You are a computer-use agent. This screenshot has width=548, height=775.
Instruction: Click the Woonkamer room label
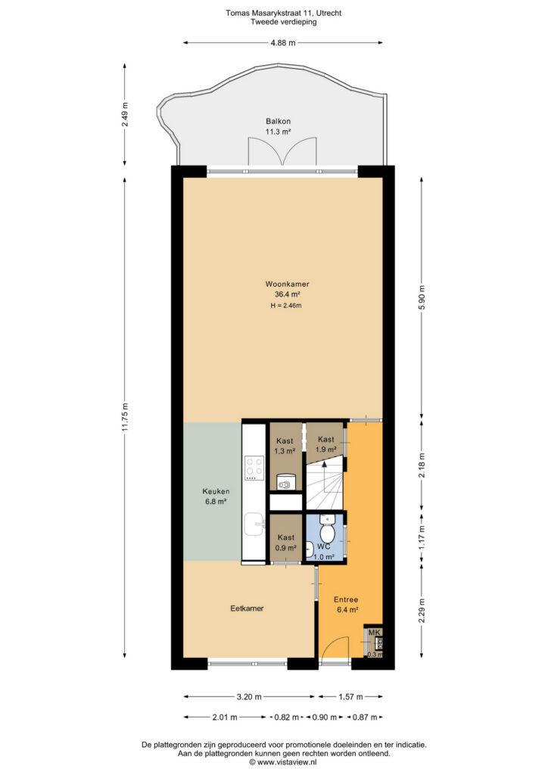[x=287, y=284]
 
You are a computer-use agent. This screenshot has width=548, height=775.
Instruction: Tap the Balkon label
[x=279, y=121]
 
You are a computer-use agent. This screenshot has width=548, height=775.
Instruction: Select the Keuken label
[x=216, y=491]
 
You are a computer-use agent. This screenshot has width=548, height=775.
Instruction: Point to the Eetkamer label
[x=247, y=608]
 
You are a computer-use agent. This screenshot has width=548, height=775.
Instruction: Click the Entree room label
[x=346, y=599]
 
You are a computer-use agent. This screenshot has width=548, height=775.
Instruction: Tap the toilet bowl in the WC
[x=326, y=532]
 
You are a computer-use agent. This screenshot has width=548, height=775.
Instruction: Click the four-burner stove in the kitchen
[x=254, y=468]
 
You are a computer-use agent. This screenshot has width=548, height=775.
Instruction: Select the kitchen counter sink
[x=255, y=524]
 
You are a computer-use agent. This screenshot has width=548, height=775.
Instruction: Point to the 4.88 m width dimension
[x=283, y=43]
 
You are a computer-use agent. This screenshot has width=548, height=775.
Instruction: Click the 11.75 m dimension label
[x=125, y=417]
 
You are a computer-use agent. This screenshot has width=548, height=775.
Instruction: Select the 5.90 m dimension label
[x=422, y=297]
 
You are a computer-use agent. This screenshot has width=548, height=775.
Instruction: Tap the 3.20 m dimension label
[x=249, y=697]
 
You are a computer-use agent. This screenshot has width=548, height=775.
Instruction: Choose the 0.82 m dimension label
[x=287, y=717]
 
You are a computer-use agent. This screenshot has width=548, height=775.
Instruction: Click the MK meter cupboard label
[x=375, y=632]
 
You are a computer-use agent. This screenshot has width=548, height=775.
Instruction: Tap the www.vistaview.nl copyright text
[x=283, y=762]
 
